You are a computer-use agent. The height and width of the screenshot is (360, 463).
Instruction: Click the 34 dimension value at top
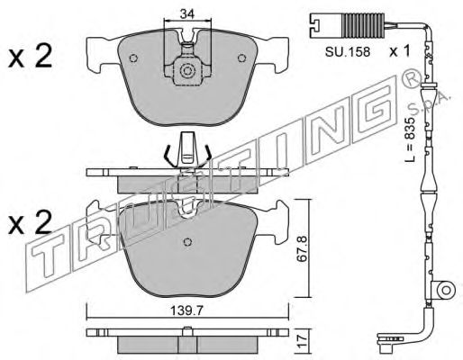pyautogui.click(x=187, y=13)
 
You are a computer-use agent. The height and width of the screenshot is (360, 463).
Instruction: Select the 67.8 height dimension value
pyautogui.click(x=303, y=248)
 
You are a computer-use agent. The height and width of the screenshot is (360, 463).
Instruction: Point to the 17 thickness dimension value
pyautogui.click(x=303, y=342)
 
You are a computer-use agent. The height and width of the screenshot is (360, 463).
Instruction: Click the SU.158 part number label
pyautogui.click(x=348, y=52)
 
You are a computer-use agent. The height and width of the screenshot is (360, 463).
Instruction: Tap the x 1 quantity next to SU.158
pyautogui.click(x=399, y=51)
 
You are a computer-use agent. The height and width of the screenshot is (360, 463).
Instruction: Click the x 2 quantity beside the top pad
pyautogui.click(x=30, y=56)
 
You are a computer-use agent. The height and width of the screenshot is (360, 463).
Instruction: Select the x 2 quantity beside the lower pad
pyautogui.click(x=30, y=222)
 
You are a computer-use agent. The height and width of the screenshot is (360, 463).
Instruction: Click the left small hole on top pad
pyautogui.click(x=133, y=58)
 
